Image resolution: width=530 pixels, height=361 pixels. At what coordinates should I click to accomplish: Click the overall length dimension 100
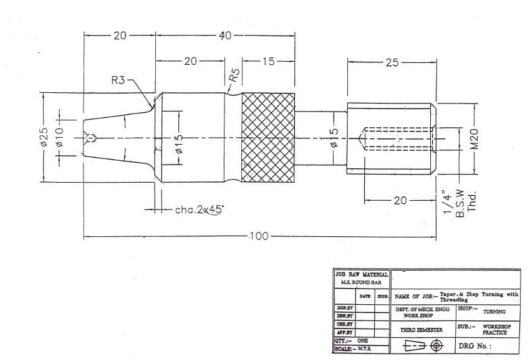pos(259,236)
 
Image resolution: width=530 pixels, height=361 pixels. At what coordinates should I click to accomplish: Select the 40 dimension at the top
pos(225,36)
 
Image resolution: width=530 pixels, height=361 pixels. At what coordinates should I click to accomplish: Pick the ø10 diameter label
pos(59,138)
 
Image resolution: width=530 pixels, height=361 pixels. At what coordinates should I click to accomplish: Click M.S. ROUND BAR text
pos(362,282)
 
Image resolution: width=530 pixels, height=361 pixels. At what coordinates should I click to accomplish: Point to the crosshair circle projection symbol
pos(436,345)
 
